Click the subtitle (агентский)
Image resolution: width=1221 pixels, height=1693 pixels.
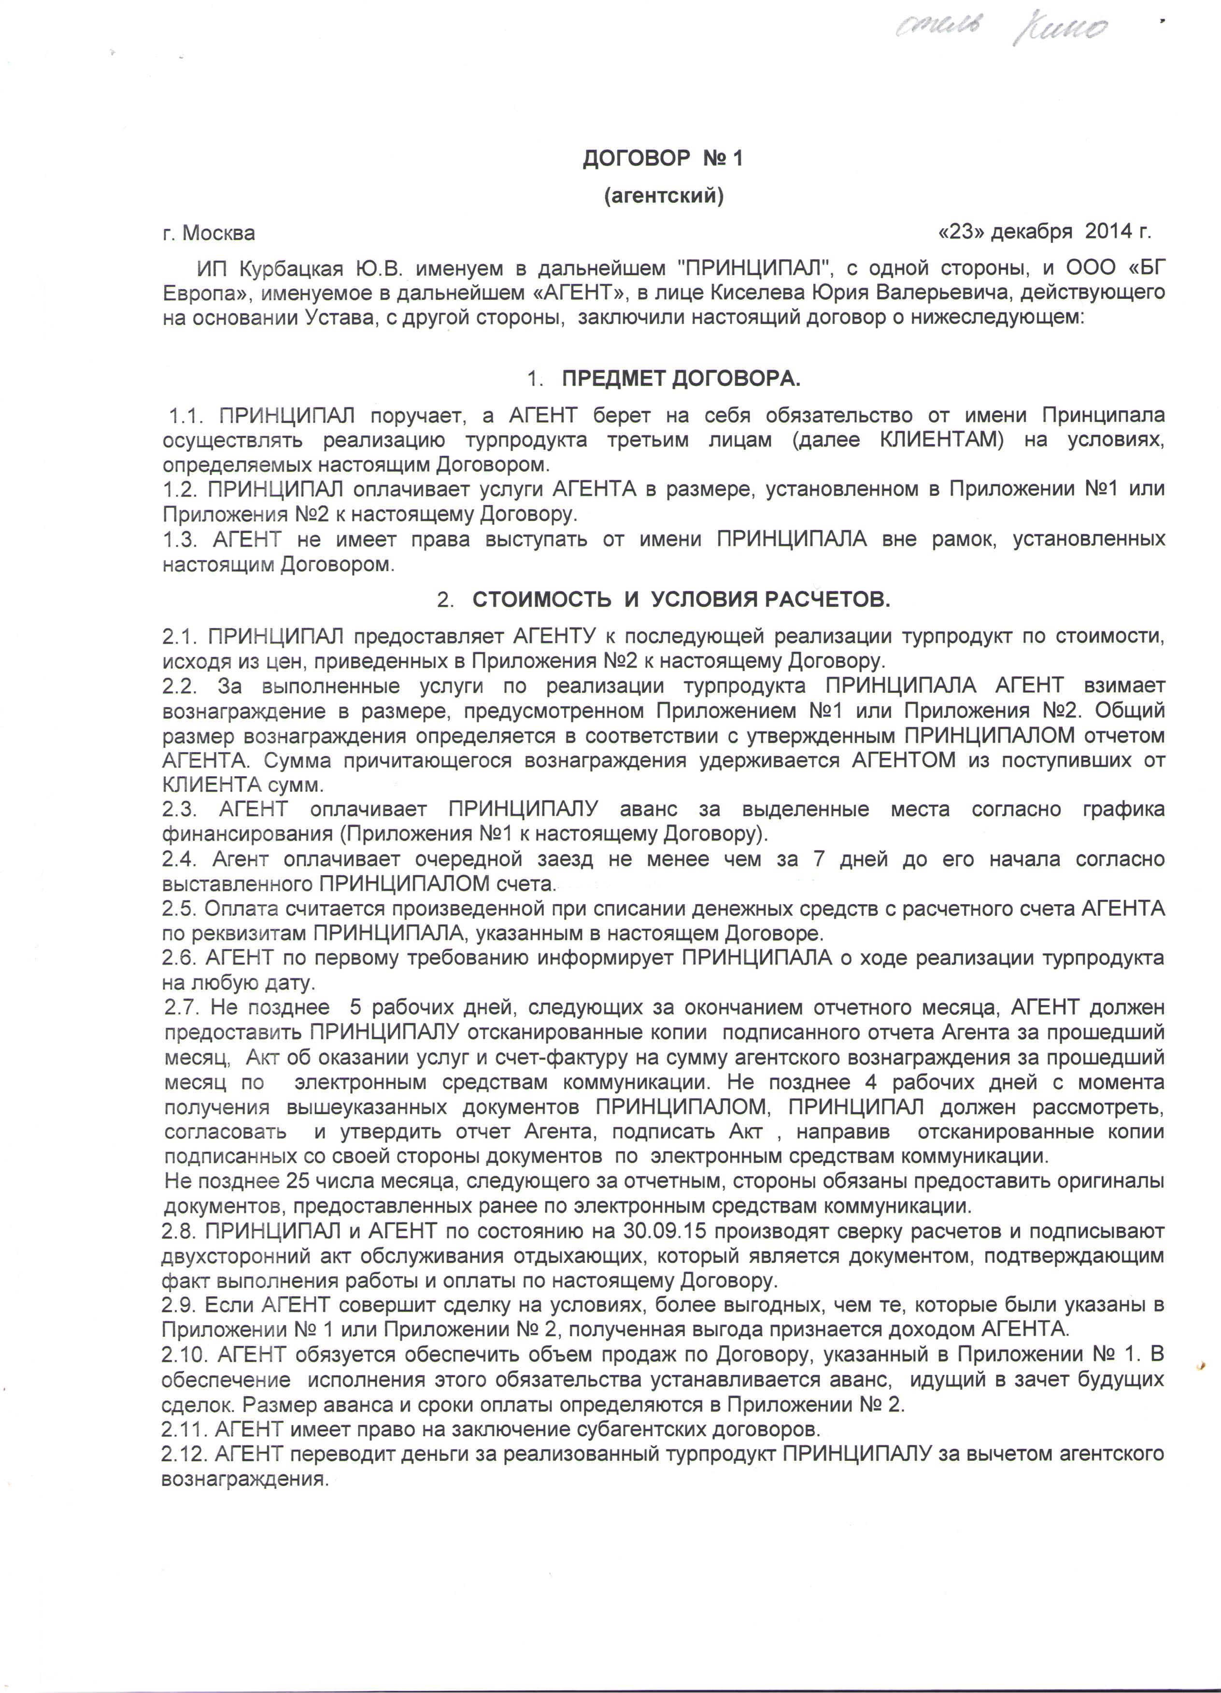pos(663,196)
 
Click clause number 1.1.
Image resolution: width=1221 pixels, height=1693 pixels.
pos(188,416)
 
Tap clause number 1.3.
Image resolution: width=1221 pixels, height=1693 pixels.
pos(180,539)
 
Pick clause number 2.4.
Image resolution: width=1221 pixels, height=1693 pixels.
pos(179,859)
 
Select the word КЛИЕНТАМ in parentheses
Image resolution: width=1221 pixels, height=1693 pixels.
pos(941,440)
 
